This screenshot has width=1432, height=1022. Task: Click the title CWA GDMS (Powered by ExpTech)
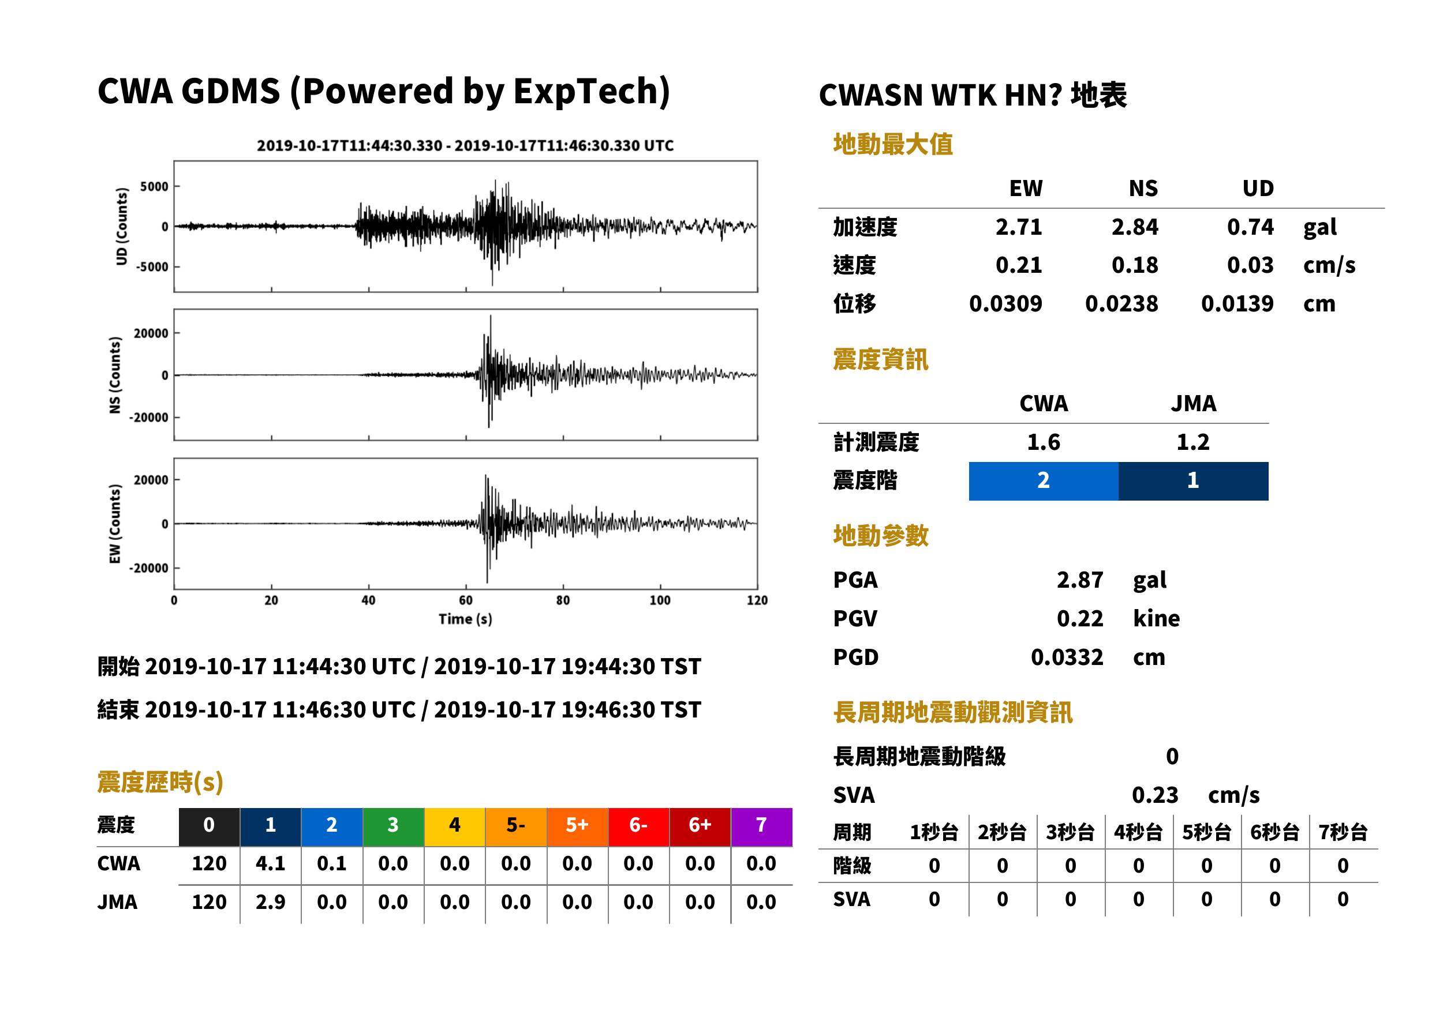click(383, 91)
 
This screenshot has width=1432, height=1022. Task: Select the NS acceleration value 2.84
click(1135, 227)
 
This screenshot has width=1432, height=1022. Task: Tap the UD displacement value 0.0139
click(1237, 304)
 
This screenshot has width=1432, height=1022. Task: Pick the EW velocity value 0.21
click(1019, 265)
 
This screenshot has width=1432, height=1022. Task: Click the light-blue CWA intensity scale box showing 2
click(1044, 481)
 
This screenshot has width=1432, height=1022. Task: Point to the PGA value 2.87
click(1080, 580)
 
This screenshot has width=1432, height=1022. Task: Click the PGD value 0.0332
click(1067, 657)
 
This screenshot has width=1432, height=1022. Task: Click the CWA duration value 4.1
click(270, 863)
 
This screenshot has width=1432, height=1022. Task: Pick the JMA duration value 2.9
click(270, 903)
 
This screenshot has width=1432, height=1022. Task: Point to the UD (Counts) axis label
click(122, 227)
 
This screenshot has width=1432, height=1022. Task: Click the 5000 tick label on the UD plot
click(154, 186)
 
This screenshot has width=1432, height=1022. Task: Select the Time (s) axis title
click(465, 619)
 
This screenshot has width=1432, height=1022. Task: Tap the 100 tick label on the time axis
click(660, 600)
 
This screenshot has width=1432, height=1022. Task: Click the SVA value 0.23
click(1155, 795)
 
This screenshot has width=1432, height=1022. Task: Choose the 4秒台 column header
click(1138, 833)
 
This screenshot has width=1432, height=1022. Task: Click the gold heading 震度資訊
click(880, 360)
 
